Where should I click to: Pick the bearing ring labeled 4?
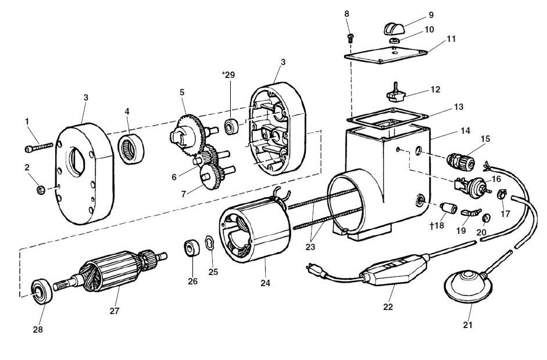click(131, 146)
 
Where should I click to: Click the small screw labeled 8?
click(350, 37)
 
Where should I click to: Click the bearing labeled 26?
click(192, 247)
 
